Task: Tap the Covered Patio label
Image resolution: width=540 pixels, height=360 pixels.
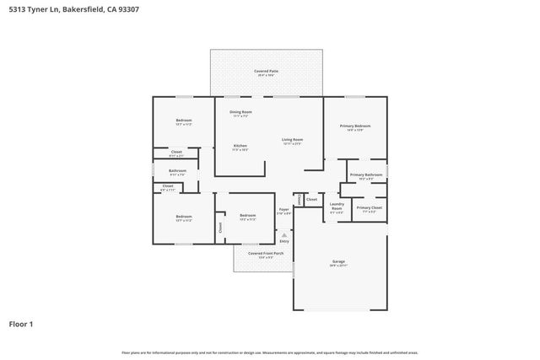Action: click(x=267, y=72)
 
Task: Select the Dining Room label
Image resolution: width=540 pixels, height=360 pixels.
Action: click(x=241, y=111)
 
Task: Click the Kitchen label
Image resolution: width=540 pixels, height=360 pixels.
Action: click(x=240, y=146)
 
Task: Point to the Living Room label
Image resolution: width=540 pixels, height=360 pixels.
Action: click(x=292, y=140)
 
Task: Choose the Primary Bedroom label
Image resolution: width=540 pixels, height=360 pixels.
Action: click(x=356, y=126)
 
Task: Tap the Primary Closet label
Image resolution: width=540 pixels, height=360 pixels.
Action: click(x=369, y=207)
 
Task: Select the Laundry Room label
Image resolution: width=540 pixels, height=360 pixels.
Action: click(x=337, y=205)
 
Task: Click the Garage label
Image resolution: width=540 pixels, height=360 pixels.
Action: click(x=338, y=263)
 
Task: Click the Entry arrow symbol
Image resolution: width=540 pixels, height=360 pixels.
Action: click(x=283, y=234)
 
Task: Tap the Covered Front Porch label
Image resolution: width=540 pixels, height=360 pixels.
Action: click(x=266, y=253)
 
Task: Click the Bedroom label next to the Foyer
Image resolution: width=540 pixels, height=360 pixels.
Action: click(x=247, y=216)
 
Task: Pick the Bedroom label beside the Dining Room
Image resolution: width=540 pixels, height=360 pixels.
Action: click(x=184, y=121)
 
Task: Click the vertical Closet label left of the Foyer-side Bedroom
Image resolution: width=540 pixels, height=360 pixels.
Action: click(x=221, y=226)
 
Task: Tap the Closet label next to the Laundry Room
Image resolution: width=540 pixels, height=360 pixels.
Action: click(x=312, y=200)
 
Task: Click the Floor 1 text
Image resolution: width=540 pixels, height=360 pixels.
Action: click(x=21, y=323)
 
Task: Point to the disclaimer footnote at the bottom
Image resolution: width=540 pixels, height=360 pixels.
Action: click(x=270, y=352)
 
